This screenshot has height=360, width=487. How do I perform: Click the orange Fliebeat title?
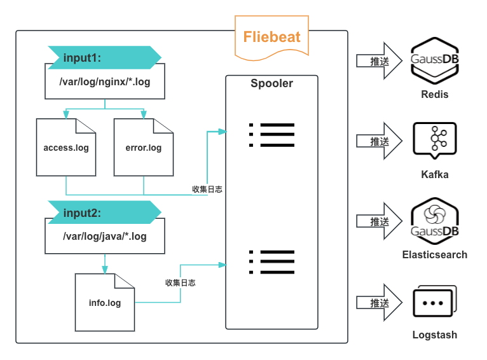click(271, 36)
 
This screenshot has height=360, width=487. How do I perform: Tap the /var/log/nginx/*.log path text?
click(104, 82)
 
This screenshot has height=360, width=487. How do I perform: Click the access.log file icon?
click(66, 148)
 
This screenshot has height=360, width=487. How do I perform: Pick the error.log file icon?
click(144, 148)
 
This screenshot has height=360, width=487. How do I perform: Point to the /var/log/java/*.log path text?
click(104, 237)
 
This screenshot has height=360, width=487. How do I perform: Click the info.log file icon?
click(105, 303)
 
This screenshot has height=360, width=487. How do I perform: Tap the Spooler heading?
click(271, 83)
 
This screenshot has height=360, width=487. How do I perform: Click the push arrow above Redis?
click(379, 61)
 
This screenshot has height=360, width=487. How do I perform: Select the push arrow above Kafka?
click(379, 141)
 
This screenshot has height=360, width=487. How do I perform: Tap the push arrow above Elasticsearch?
click(379, 221)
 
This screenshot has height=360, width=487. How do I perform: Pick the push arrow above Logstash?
click(379, 303)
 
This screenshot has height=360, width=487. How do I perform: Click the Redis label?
click(435, 95)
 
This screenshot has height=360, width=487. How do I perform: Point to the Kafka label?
click(435, 174)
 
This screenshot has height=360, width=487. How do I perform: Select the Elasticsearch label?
click(435, 254)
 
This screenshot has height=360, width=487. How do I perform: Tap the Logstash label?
click(435, 335)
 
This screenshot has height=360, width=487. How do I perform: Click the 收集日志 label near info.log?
click(180, 282)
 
